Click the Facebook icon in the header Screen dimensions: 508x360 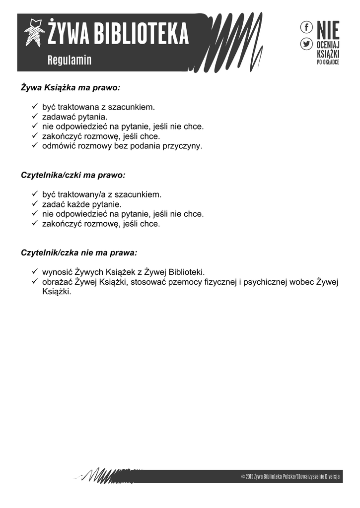(x=306, y=27)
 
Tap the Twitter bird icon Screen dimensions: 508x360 (x=306, y=44)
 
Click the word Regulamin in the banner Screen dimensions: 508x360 (x=70, y=61)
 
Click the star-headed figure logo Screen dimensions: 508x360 (x=35, y=32)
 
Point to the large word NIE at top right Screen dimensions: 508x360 (x=328, y=30)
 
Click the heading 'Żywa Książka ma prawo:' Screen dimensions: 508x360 (x=71, y=88)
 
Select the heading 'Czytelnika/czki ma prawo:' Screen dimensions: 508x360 (x=73, y=176)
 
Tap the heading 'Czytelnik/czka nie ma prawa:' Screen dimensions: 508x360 (x=79, y=253)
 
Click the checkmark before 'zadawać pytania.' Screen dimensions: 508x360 (x=35, y=117)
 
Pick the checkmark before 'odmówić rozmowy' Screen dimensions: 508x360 (x=35, y=146)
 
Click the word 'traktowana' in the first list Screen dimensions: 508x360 (x=78, y=107)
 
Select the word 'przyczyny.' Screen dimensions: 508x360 (x=183, y=146)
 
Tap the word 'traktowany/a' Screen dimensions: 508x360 (x=82, y=194)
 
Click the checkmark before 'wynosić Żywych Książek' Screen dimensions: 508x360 (x=35, y=272)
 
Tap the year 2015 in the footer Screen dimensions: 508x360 (x=249, y=477)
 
